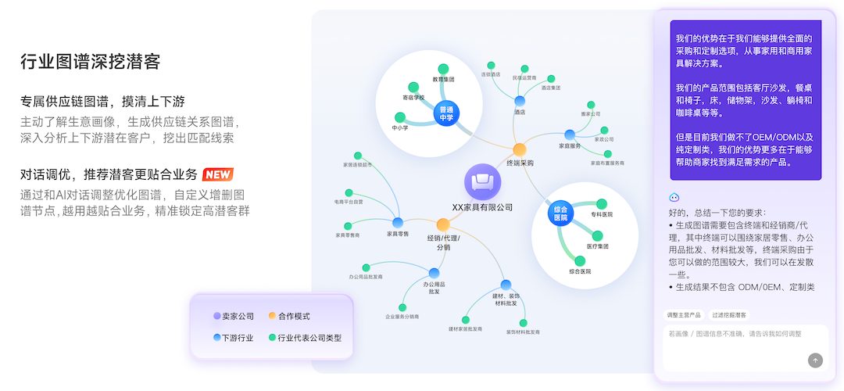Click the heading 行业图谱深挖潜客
[91, 63]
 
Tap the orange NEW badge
[217, 174]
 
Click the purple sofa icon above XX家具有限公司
[482, 181]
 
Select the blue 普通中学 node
[446, 113]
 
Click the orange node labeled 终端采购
[520, 149]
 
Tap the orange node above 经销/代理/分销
[443, 224]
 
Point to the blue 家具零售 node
[398, 223]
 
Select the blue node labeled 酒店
[520, 101]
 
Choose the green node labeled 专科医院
[602, 204]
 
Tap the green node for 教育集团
[444, 69]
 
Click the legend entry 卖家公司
[234, 316]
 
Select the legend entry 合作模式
[289, 316]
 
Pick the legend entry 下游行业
[234, 338]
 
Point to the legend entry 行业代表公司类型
[305, 338]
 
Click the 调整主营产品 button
[682, 315]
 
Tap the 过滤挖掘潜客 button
[729, 315]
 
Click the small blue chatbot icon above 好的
[674, 197]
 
